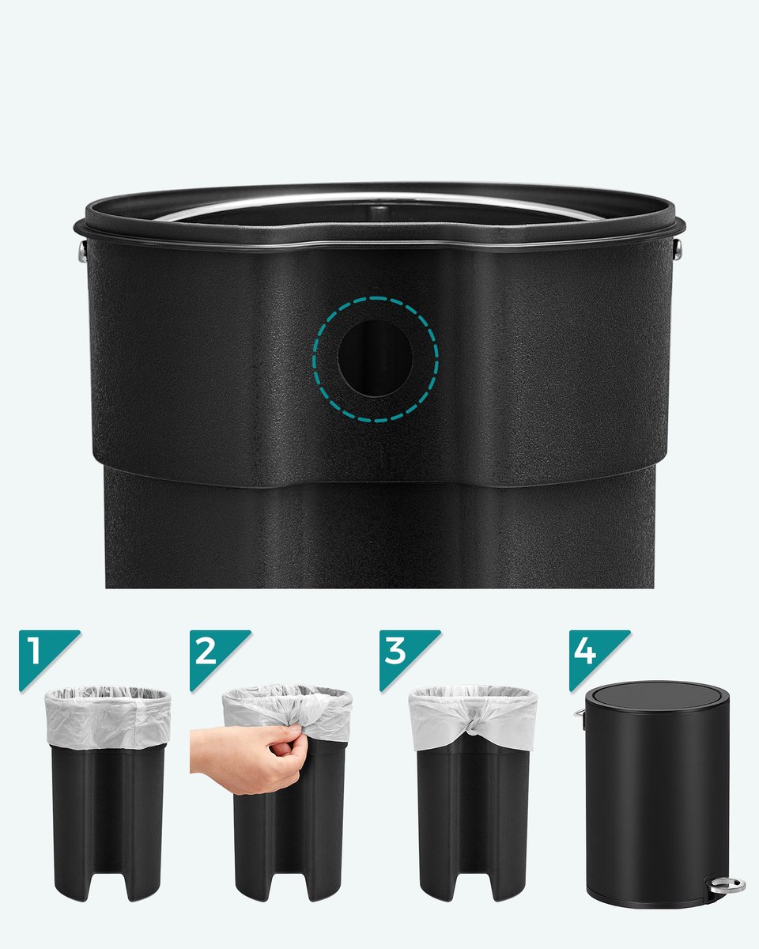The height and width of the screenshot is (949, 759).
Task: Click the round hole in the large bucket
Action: click(x=376, y=358)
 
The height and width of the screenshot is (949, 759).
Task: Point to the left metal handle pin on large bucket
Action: click(x=81, y=249)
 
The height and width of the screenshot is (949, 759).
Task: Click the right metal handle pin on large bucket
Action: click(x=678, y=248)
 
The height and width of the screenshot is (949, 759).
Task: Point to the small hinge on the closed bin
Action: click(x=580, y=714)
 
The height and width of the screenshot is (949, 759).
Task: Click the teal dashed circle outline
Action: click(x=376, y=297)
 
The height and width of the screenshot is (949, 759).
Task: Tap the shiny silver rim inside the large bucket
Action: click(x=379, y=200)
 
